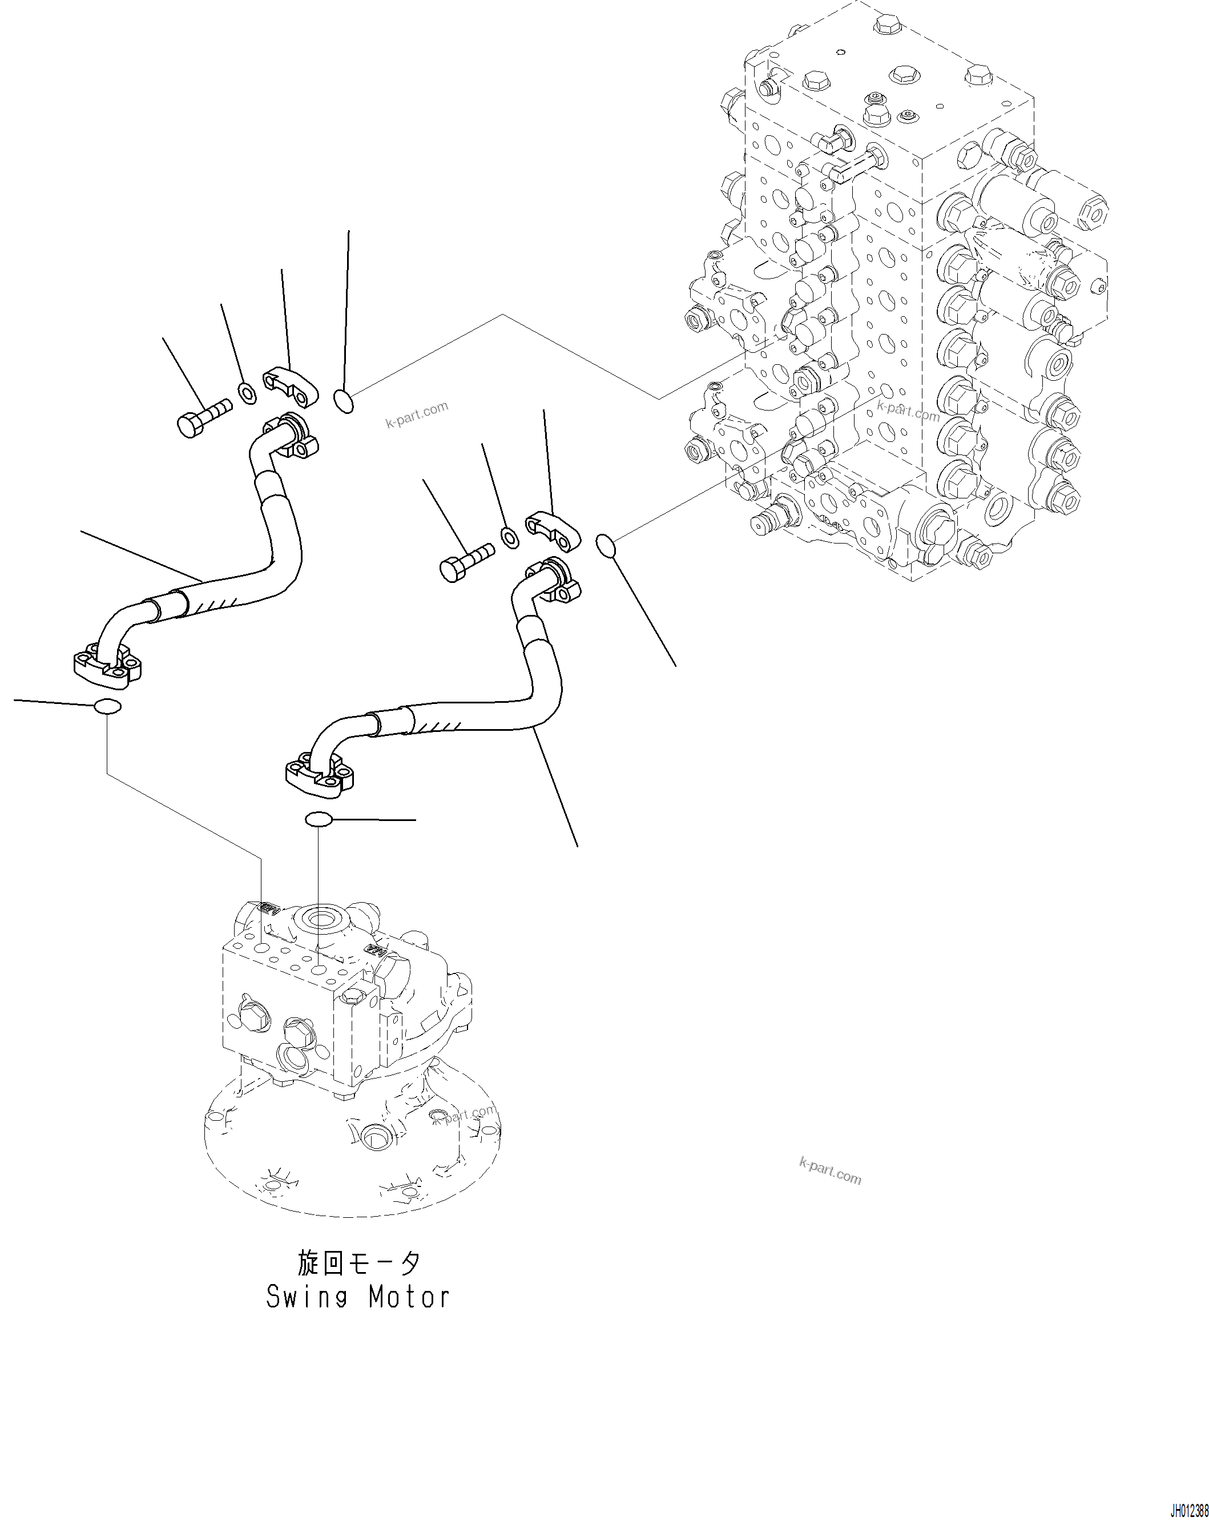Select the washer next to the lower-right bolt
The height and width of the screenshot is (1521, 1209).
click(x=510, y=537)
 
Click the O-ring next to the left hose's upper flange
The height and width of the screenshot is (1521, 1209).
click(x=343, y=401)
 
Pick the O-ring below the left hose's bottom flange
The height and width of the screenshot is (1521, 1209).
click(x=107, y=706)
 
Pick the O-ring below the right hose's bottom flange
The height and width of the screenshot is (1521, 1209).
click(x=319, y=819)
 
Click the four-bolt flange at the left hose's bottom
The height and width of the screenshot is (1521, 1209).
click(x=110, y=666)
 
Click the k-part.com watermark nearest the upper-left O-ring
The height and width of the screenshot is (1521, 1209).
click(x=416, y=415)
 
